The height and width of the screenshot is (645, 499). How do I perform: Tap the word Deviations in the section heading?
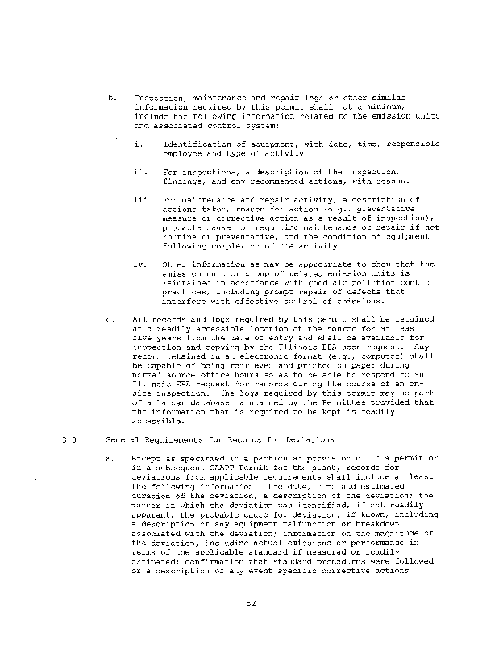(x=306, y=441)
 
